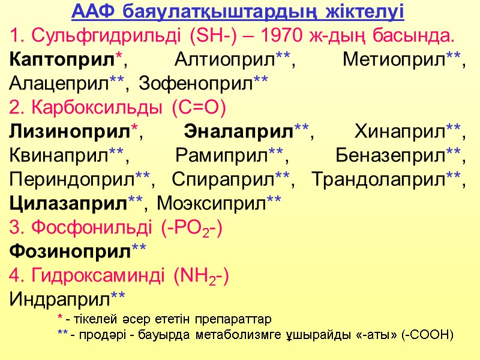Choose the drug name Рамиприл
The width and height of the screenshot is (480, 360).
tap(222, 155)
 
